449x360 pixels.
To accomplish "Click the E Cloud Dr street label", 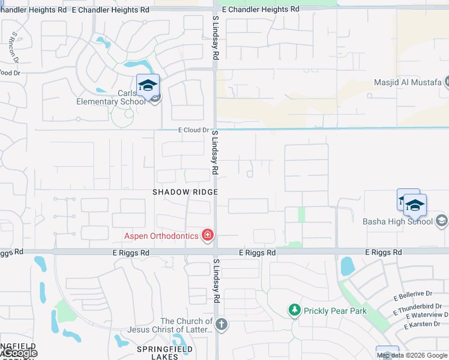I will pyautogui.click(x=193, y=130).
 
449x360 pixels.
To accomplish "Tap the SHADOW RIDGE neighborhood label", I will pyautogui.click(x=184, y=191).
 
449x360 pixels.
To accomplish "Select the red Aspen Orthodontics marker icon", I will pyautogui.click(x=208, y=235).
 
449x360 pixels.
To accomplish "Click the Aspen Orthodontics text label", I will pyautogui.click(x=161, y=236).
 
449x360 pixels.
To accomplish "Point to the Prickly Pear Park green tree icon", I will pyautogui.click(x=294, y=310).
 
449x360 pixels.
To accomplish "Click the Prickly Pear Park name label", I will pyautogui.click(x=335, y=311).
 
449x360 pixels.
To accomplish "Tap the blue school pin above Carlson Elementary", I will pyautogui.click(x=148, y=85).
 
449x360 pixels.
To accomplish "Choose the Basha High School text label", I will pyautogui.click(x=397, y=221).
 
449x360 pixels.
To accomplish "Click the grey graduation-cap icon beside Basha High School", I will pyautogui.click(x=441, y=221).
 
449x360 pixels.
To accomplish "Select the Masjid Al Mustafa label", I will pyautogui.click(x=408, y=82).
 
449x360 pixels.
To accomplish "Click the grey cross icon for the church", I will pyautogui.click(x=221, y=325).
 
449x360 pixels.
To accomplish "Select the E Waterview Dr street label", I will pyautogui.click(x=427, y=316).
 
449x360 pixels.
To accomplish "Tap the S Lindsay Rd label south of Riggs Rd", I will pyautogui.click(x=215, y=282).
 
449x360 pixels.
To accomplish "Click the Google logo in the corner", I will pyautogui.click(x=19, y=353).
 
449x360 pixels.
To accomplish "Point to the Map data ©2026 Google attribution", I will pyautogui.click(x=412, y=355).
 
